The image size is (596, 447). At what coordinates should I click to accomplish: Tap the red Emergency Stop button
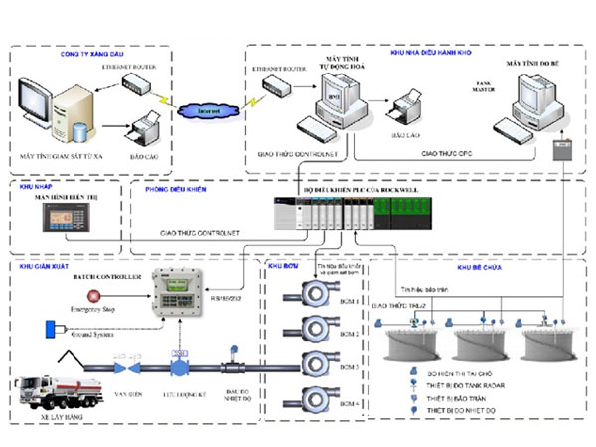click(x=95, y=297)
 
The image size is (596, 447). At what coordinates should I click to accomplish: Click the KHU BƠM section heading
click(x=283, y=268)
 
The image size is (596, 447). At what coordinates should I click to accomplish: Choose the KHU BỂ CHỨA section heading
click(x=478, y=268)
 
